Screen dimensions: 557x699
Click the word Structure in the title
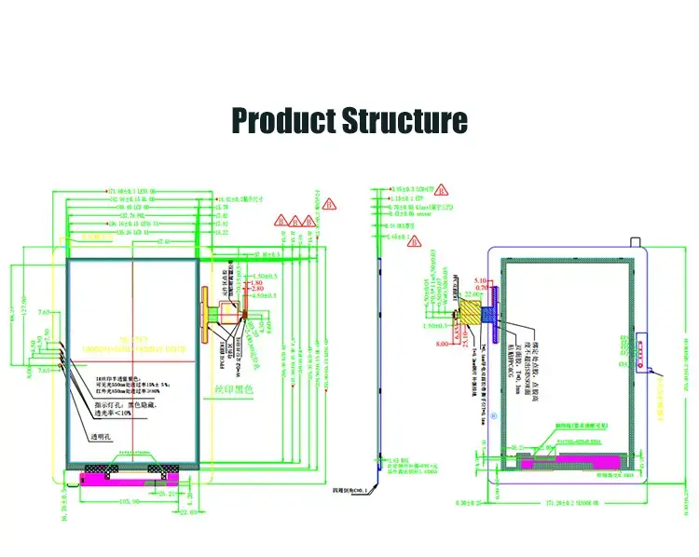404,121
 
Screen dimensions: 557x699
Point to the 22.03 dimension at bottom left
188,510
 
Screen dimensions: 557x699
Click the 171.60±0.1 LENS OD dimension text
131,191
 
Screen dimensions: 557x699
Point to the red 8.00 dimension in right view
441,343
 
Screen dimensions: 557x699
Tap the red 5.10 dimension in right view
481,280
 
